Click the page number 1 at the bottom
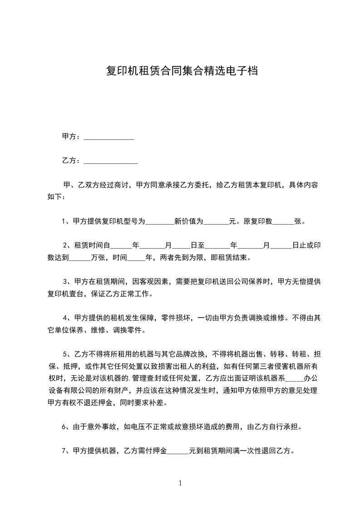(x=180, y=483)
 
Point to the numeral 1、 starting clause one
(x=65, y=222)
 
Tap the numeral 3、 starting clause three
(x=67, y=282)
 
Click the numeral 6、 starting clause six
(x=65, y=426)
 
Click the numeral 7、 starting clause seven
(x=65, y=451)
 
